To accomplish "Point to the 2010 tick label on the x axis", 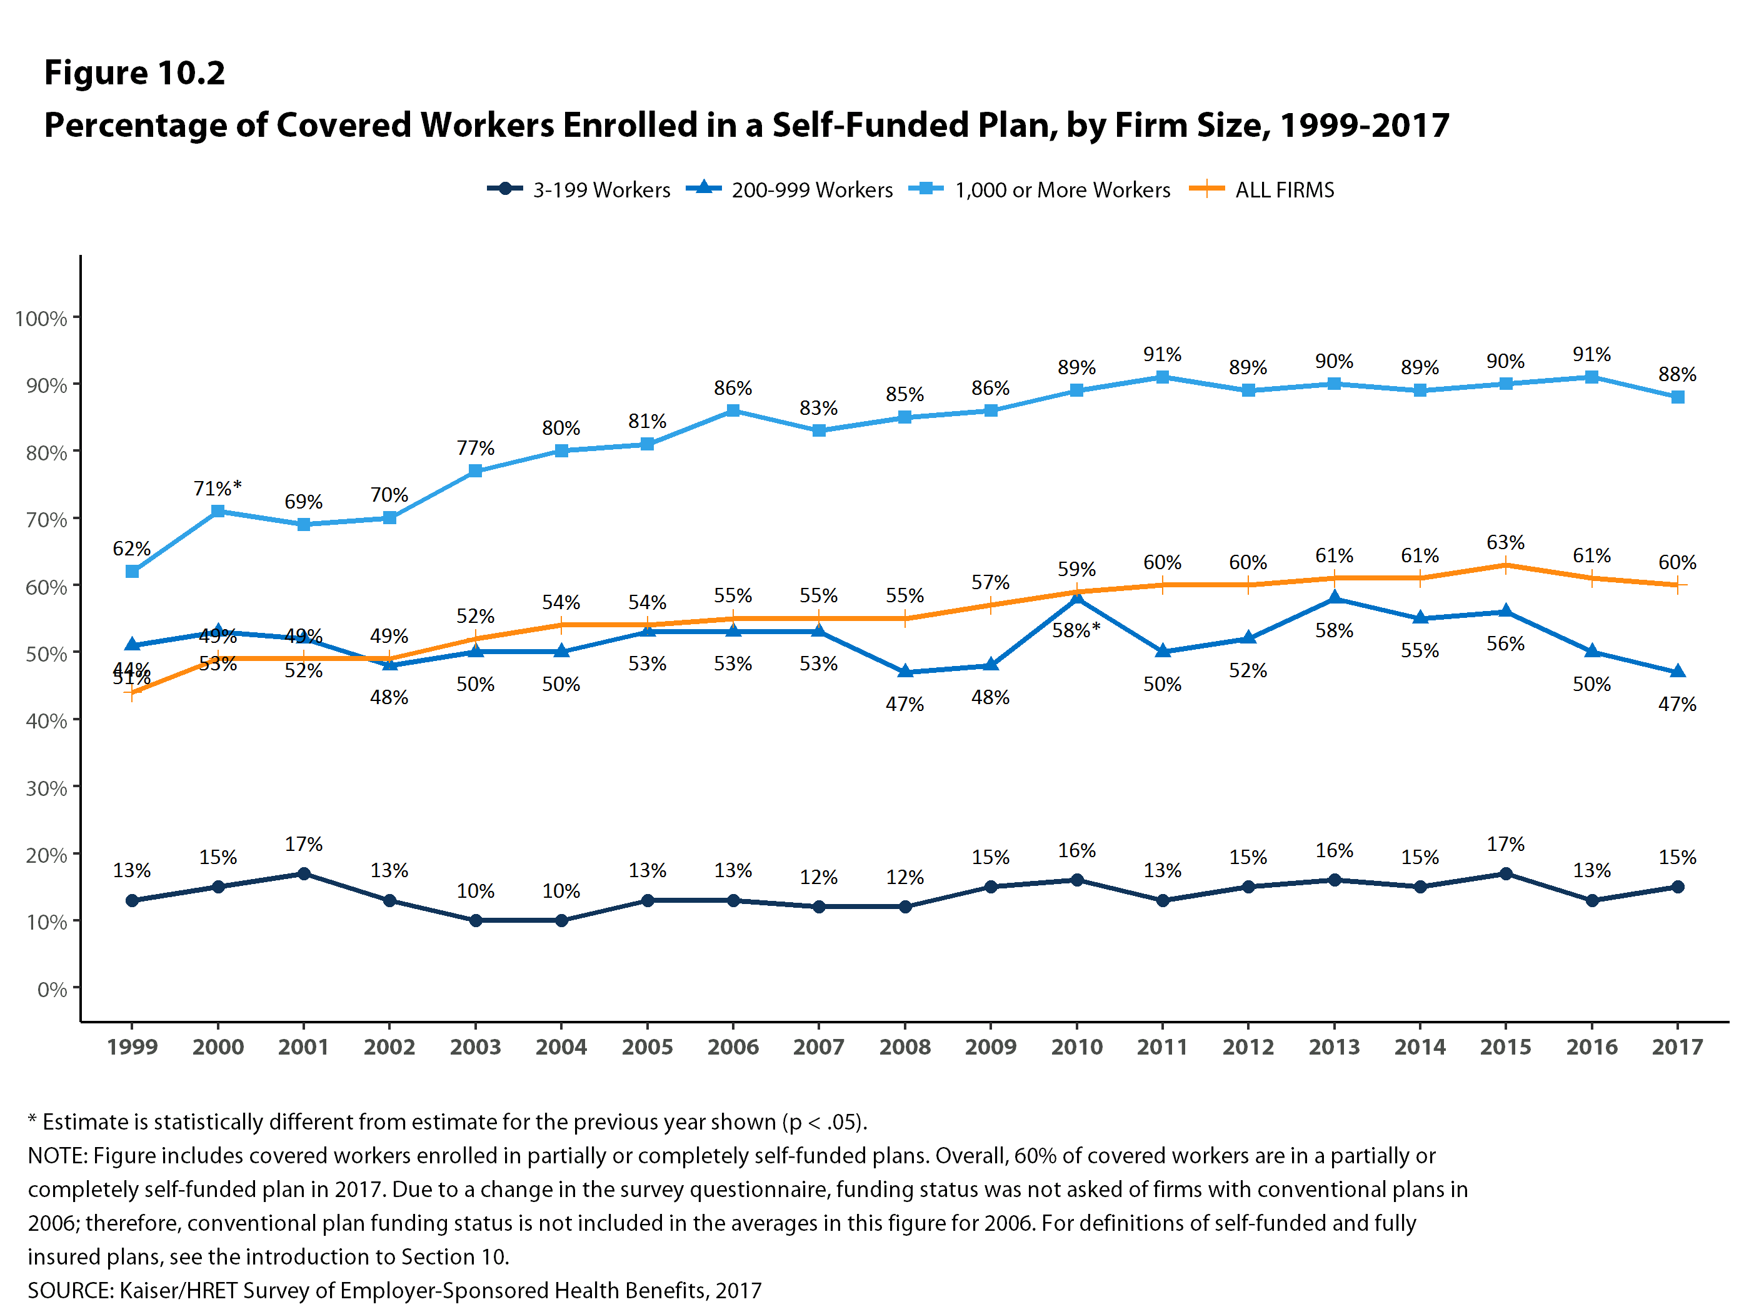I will [1076, 1046].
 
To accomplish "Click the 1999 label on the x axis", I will [133, 1046].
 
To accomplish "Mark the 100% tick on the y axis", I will [41, 319].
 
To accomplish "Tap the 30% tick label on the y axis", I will [46, 788].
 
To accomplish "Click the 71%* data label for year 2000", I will [218, 489].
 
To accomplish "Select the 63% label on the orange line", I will [1505, 542].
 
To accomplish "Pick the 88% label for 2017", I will [1677, 374].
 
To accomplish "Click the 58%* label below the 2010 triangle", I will [1076, 630].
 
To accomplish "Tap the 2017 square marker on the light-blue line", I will [1678, 397].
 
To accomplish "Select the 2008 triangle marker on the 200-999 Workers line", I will [905, 672].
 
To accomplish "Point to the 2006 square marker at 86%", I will [733, 410].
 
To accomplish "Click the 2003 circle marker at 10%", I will [476, 920].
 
